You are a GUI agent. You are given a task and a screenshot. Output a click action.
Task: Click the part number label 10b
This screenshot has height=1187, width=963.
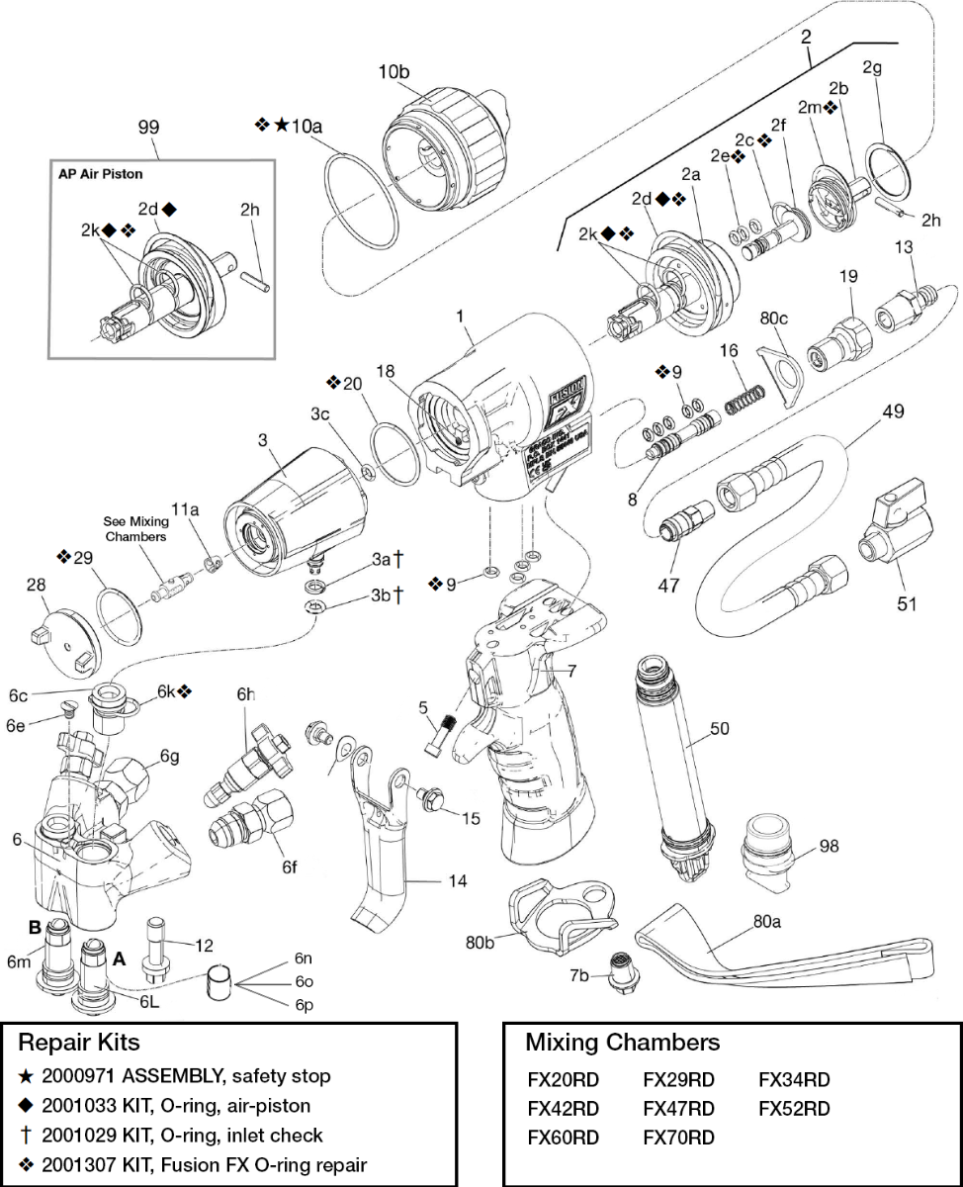pos(394,72)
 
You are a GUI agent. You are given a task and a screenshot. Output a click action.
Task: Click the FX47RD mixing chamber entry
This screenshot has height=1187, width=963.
pos(678,1109)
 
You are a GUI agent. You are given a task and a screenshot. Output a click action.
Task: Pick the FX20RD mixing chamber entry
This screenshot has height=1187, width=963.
pos(564,1080)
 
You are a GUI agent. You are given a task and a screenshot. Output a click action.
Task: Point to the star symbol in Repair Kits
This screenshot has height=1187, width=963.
pos(25,1076)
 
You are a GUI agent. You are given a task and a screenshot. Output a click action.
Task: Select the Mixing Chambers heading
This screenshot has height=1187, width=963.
pos(622,1043)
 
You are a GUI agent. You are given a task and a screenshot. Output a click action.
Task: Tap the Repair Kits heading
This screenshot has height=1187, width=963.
pos(80,1043)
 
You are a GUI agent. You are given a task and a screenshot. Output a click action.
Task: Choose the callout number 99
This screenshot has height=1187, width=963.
pos(149,127)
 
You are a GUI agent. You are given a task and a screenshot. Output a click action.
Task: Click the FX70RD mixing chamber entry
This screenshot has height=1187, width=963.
pos(678,1138)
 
